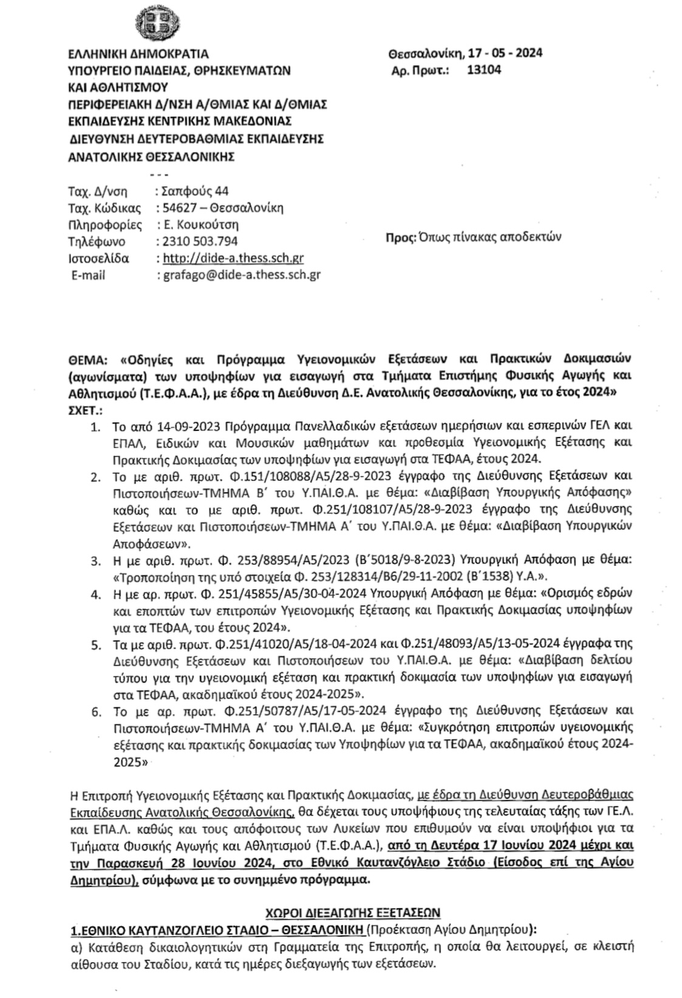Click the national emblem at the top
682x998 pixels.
156,24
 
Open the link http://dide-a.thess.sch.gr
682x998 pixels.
233,258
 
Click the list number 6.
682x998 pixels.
95,711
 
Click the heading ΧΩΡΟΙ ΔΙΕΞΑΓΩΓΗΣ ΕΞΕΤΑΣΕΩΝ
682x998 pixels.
353,913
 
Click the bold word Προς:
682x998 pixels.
398,236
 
